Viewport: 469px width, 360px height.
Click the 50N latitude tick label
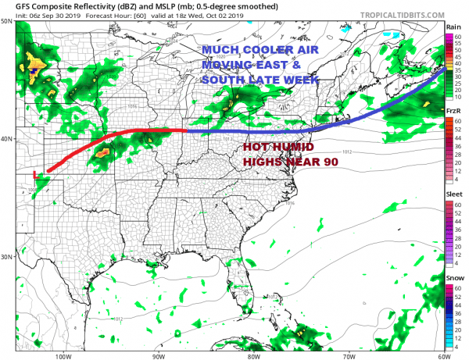pos(7,22)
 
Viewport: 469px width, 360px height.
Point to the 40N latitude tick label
pos(7,139)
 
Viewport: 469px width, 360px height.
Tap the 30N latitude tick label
pos(7,256)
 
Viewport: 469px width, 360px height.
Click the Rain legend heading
pos(453,27)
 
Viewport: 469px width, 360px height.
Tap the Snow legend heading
pos(453,278)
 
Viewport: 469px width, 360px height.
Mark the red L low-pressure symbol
pos(35,174)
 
